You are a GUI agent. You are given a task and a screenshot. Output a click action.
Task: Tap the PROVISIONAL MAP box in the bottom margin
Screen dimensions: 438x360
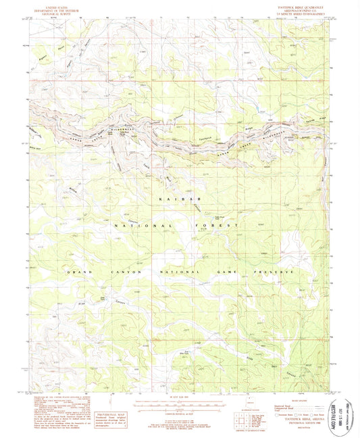click(x=111, y=407)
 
